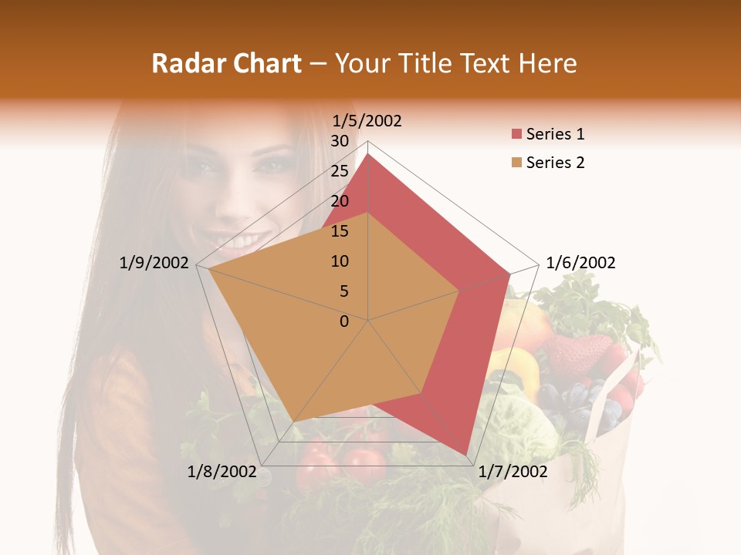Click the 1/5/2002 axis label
[x=367, y=121]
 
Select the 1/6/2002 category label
[x=580, y=263]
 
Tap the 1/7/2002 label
[x=513, y=472]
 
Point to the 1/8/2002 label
[x=222, y=472]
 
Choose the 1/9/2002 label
[x=154, y=263]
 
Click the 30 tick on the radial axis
[x=340, y=141]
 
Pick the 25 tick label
[x=340, y=171]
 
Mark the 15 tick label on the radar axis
[x=340, y=231]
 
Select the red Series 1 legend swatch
[x=516, y=135]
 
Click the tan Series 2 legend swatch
[x=516, y=163]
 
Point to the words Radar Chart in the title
[x=226, y=63]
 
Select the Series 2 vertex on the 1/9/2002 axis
[x=208, y=269]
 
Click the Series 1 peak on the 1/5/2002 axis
[x=368, y=154]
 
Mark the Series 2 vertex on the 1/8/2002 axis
[x=294, y=422]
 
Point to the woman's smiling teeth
[x=245, y=244]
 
